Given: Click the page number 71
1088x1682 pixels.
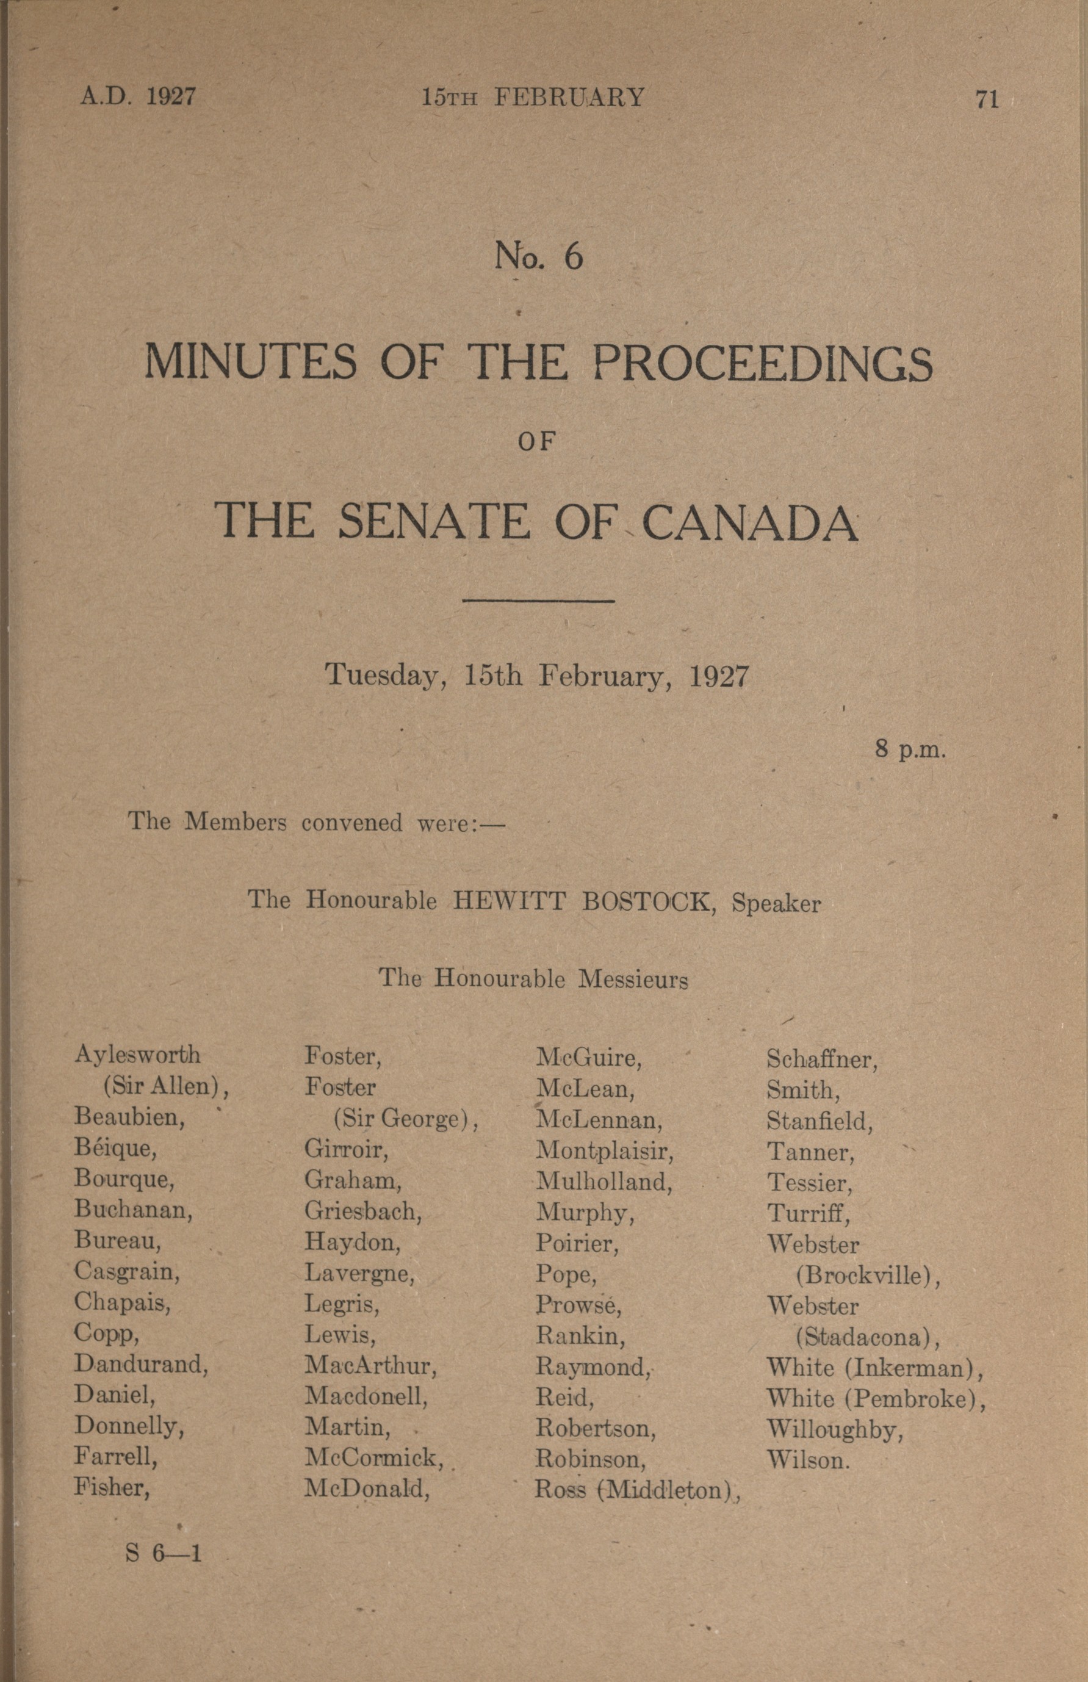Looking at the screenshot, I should click(987, 99).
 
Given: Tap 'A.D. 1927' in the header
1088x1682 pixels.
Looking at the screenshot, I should click(137, 95).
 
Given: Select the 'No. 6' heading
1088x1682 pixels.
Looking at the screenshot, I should click(538, 256).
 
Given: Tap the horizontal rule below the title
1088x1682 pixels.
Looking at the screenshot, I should click(538, 601).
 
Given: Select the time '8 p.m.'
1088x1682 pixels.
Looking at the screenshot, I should click(910, 749).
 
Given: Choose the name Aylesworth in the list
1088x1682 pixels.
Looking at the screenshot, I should click(137, 1055).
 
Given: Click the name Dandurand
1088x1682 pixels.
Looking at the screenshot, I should click(142, 1364).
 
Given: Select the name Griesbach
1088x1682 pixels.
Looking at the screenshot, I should click(363, 1211).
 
